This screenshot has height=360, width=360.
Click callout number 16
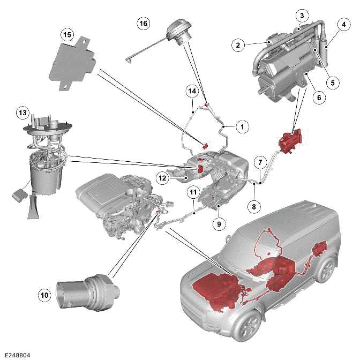tap(143, 24)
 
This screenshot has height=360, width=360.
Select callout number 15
tap(67, 35)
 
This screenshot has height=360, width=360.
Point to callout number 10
tap(44, 294)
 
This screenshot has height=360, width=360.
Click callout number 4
tap(341, 24)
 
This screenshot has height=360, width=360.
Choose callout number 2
tap(237, 45)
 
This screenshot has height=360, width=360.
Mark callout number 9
tap(219, 224)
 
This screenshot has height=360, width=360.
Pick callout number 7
tap(259, 161)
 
